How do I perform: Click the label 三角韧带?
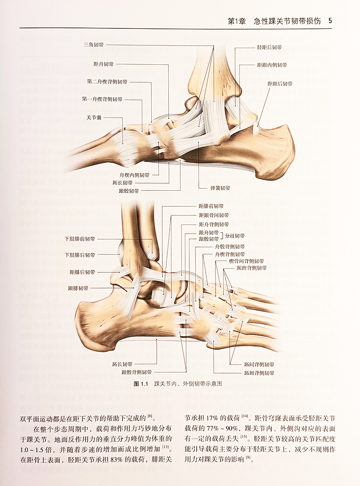[x=93, y=45]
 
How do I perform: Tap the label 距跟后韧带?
[x=280, y=84]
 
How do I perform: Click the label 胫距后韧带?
[x=269, y=47]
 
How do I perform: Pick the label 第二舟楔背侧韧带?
[x=107, y=82]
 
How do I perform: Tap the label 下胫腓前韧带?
[x=80, y=239]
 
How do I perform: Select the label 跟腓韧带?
[x=78, y=288]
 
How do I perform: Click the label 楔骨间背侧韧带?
[x=247, y=261]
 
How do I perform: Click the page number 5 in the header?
[x=330, y=21]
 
